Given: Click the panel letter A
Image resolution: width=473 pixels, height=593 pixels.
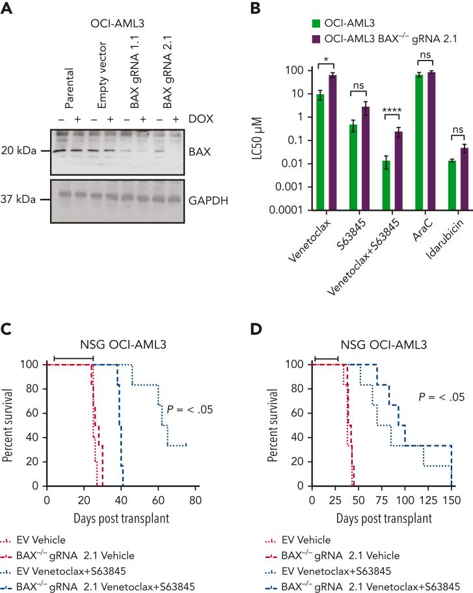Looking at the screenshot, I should pos(8,8).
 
